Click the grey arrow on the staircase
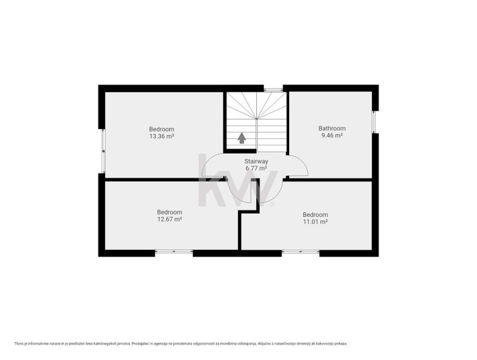(x=242, y=138)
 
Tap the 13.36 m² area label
(x=162, y=136)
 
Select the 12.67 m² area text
(x=170, y=219)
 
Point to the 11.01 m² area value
(x=315, y=222)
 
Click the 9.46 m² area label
(x=332, y=135)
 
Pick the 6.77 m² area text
(x=256, y=169)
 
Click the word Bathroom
(x=332, y=128)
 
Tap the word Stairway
(x=256, y=161)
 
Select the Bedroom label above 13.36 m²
(x=162, y=129)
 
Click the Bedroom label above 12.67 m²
(x=170, y=212)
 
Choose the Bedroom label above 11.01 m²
(x=315, y=214)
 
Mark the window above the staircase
(x=273, y=90)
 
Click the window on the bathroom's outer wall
(x=375, y=122)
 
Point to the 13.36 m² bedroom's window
(x=103, y=151)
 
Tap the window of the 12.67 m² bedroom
(x=174, y=251)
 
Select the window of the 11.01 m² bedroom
(x=300, y=251)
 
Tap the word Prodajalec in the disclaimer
(x=139, y=344)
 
